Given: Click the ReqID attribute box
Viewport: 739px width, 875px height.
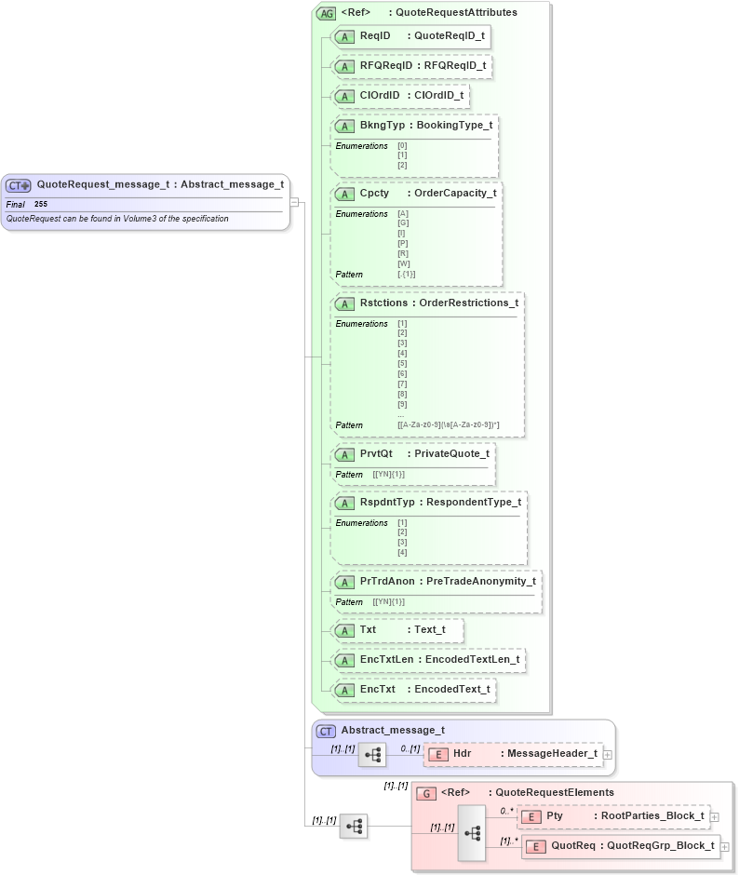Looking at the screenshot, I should (410, 36).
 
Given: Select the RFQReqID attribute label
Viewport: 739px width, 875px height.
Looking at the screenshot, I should (385, 66).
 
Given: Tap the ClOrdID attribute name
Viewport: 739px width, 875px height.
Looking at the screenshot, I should (379, 96).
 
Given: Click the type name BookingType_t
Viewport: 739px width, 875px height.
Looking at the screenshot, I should (454, 126).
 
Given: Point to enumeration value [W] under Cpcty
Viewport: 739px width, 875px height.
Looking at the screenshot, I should (403, 263).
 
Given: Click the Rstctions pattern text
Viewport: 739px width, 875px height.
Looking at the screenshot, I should (448, 425).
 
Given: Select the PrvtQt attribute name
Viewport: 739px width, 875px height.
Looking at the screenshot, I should (376, 454).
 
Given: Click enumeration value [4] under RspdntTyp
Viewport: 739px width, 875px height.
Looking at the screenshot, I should (402, 553).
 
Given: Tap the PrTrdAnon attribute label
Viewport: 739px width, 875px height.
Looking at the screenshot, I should (387, 582).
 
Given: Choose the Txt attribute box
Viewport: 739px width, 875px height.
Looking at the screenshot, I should (397, 630).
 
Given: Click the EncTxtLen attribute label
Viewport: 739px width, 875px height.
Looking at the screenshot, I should (386, 660).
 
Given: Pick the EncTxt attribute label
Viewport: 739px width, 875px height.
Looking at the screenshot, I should (377, 690).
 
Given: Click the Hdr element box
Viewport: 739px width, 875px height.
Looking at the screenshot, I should (512, 754).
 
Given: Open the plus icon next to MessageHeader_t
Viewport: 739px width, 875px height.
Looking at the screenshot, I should (607, 754).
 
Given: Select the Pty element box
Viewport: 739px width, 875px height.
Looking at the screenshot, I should (612, 816).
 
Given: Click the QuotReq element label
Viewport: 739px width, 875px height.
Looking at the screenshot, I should (572, 846).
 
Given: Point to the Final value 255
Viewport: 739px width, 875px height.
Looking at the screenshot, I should (41, 204).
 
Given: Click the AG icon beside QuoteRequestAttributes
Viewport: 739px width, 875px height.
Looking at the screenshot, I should (327, 13).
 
